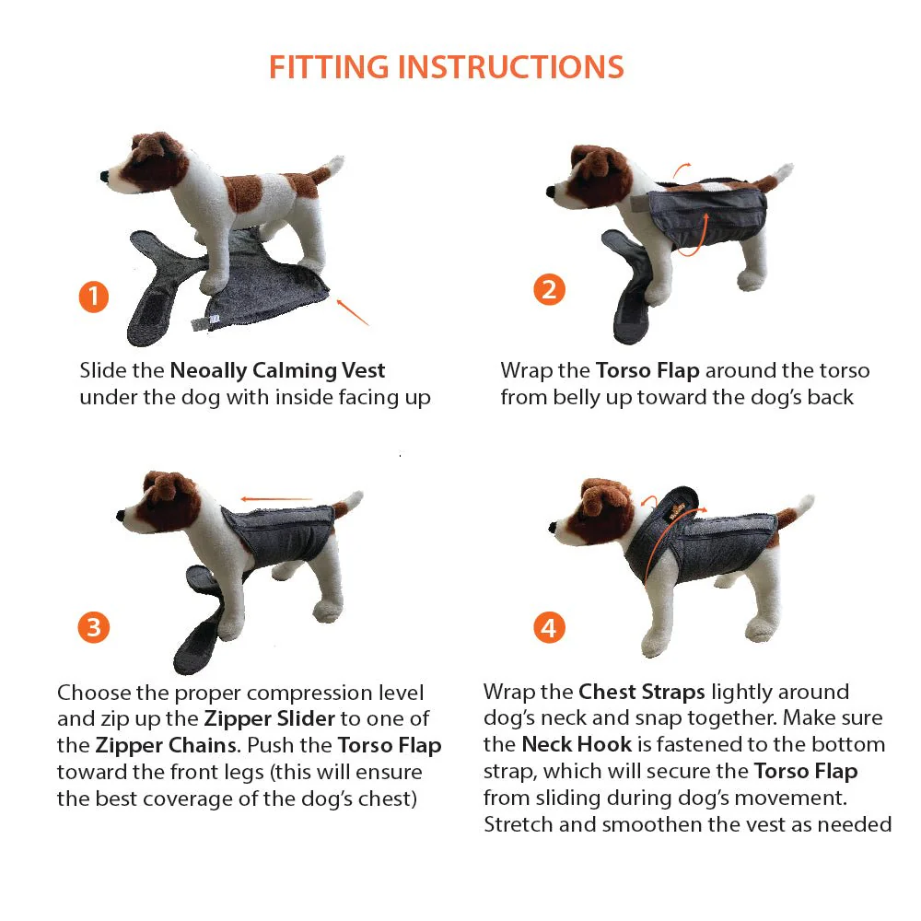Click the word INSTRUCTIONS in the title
pos(506,67)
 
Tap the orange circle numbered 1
pos(93,297)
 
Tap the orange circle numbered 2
pos(549,290)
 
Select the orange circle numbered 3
pos(93,628)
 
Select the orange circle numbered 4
pos(549,628)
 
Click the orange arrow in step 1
pos(353,311)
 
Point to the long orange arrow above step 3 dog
pos(277,500)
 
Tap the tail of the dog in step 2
pos(781,174)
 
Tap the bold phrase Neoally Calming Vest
pos(277,370)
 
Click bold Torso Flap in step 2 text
pos(647,370)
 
